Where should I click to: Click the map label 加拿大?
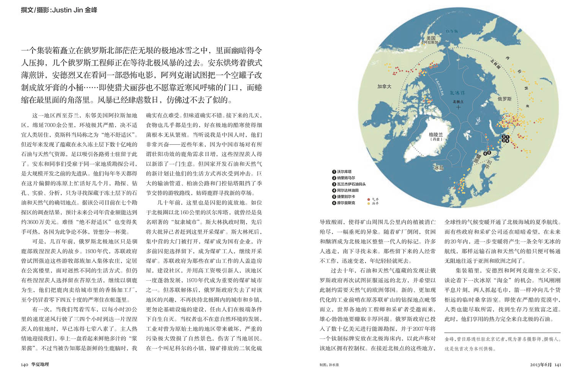(x=384, y=87)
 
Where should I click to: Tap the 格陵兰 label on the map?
(x=436, y=135)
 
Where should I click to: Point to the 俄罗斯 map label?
(x=504, y=99)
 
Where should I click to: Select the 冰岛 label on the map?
(x=438, y=168)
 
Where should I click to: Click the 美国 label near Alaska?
(x=431, y=38)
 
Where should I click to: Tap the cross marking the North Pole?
(x=458, y=107)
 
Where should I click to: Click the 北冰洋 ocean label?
(x=457, y=93)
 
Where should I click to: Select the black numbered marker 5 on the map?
(x=489, y=153)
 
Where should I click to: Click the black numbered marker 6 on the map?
(x=485, y=154)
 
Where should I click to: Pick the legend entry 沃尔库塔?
(x=344, y=172)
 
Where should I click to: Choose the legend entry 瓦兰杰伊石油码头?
(x=351, y=184)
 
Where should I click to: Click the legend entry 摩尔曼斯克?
(x=346, y=203)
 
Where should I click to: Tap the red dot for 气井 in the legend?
(x=369, y=199)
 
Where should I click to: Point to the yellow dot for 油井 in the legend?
(x=369, y=203)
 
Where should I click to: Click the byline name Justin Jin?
(x=67, y=10)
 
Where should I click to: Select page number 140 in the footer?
(x=24, y=365)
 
